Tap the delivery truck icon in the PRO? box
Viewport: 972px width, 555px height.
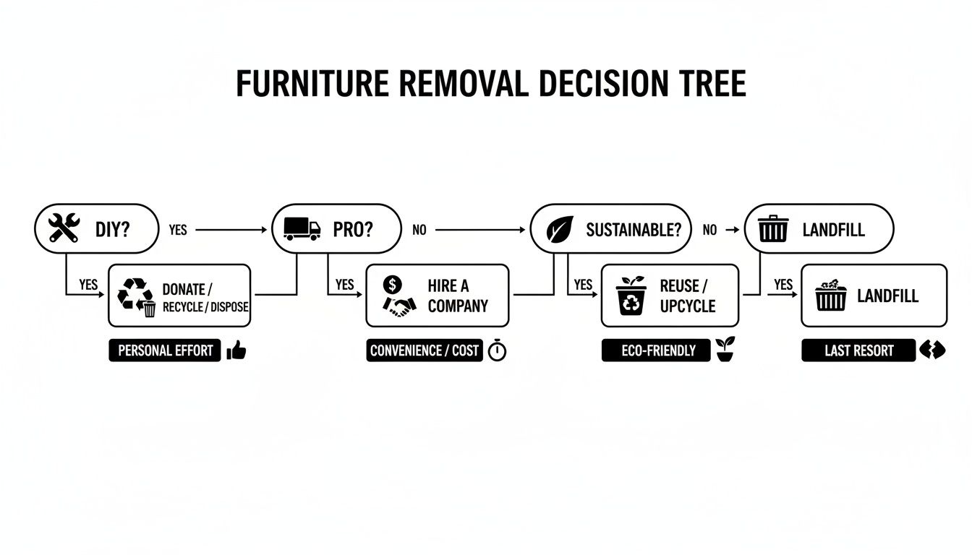(302, 229)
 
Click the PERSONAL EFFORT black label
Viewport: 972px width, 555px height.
(165, 350)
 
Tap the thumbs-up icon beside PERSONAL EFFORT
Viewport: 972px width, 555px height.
(236, 351)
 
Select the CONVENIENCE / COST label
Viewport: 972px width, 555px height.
(425, 350)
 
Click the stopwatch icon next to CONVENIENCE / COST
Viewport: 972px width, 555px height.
(498, 351)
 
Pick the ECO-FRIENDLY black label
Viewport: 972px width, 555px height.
(656, 350)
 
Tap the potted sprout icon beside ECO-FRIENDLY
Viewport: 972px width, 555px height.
(724, 350)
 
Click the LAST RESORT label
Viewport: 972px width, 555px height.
(858, 350)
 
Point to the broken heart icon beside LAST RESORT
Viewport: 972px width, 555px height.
(932, 350)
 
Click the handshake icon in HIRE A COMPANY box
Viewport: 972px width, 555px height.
(398, 307)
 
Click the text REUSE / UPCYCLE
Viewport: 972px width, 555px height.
(686, 296)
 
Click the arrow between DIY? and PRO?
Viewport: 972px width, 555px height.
(231, 230)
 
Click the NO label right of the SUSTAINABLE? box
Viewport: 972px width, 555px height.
(709, 230)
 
